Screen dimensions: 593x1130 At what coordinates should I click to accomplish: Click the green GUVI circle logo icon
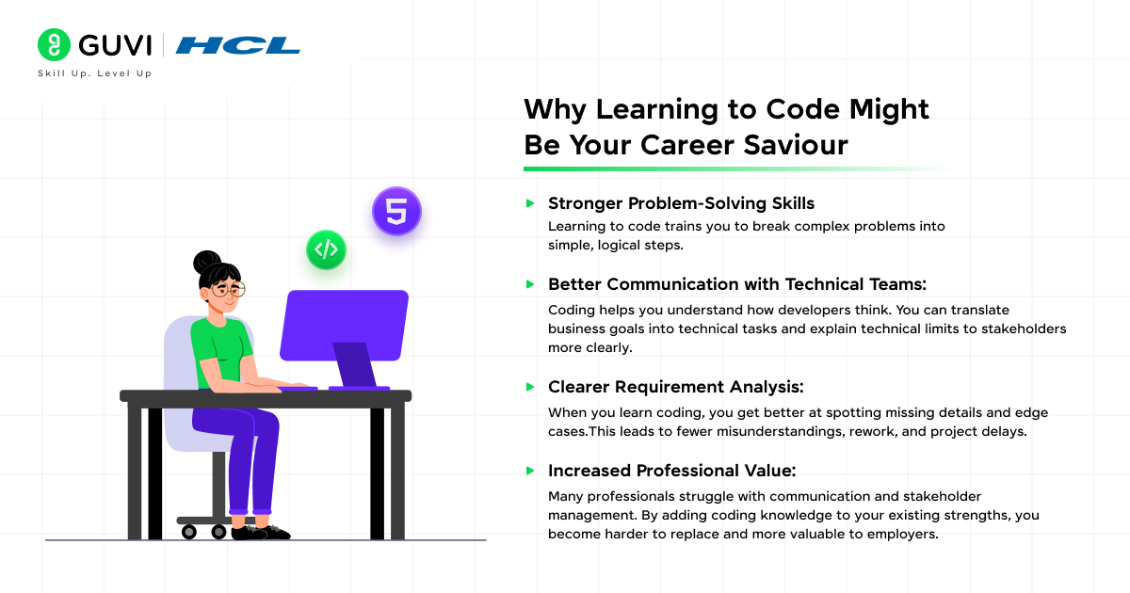(55, 45)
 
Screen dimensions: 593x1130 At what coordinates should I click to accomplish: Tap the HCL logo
(237, 45)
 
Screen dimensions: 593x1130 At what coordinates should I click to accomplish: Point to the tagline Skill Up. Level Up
(94, 73)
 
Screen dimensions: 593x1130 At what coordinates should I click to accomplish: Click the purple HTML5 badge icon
(396, 211)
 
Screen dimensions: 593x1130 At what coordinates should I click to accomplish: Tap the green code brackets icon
(326, 249)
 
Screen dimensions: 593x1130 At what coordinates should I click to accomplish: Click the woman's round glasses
(227, 289)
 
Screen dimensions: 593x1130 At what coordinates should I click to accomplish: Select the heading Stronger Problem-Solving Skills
(681, 203)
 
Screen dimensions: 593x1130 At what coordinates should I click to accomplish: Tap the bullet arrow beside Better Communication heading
(531, 284)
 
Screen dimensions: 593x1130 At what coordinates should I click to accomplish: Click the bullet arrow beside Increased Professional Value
(531, 471)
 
